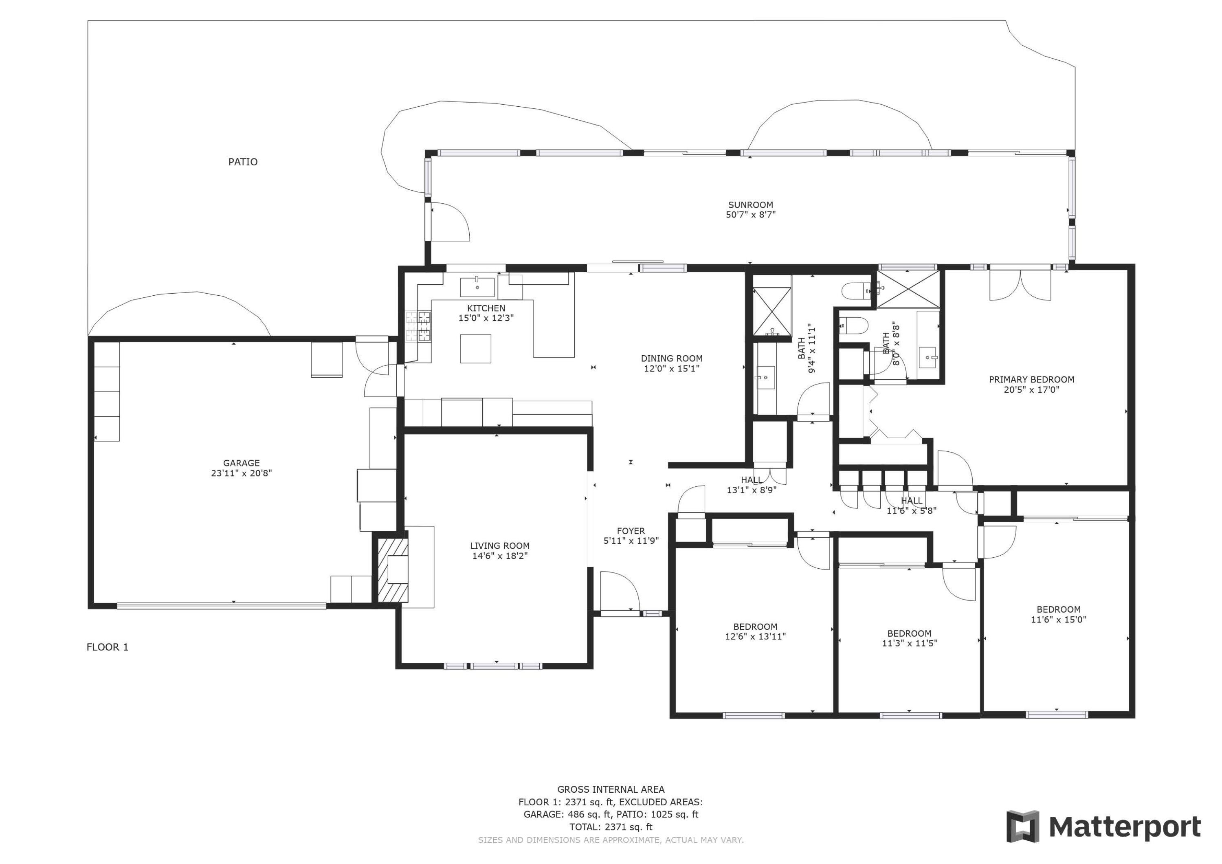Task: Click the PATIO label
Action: pos(243,162)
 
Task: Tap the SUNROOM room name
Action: pos(750,205)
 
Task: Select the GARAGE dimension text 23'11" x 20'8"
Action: pos(241,473)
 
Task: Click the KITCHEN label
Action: pos(486,308)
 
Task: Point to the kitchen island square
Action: pos(475,348)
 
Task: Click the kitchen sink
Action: pos(477,287)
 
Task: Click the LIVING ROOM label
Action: pos(500,546)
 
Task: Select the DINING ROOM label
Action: pos(672,359)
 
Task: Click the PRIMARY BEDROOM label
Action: pos(1031,380)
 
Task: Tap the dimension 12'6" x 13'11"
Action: pos(755,636)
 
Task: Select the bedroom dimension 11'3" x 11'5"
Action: pos(909,642)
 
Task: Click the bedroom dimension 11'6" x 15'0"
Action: pos(1059,619)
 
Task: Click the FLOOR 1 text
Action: pos(108,647)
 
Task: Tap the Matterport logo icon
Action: pos(1022,827)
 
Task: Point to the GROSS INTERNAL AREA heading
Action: pos(611,789)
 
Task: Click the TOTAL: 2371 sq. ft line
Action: pos(611,827)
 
